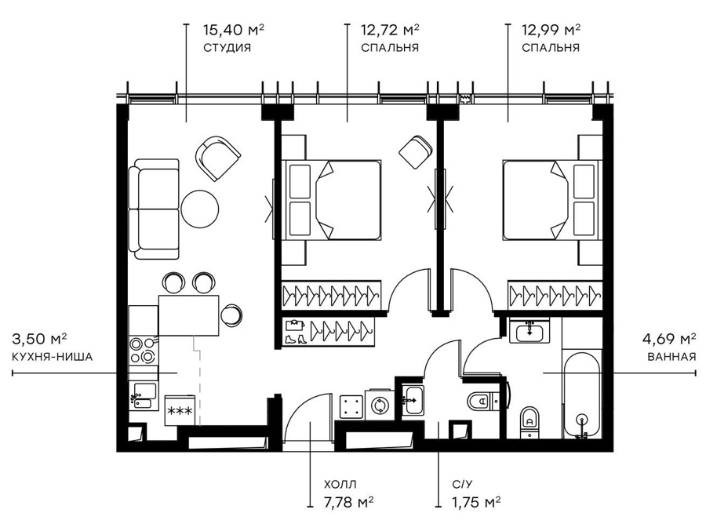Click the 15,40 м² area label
233,30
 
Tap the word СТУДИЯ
227,48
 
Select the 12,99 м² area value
551,30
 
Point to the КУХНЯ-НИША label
53,357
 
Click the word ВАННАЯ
671,357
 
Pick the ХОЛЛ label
340,485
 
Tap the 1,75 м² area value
476,502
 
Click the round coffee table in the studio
200,209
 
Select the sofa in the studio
154,209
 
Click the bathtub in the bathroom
582,393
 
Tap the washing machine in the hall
378,405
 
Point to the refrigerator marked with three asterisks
180,410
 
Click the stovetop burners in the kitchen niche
142,351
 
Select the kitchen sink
144,395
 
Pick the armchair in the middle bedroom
415,152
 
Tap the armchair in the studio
218,158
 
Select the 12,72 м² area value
391,30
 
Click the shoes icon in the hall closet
293,340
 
